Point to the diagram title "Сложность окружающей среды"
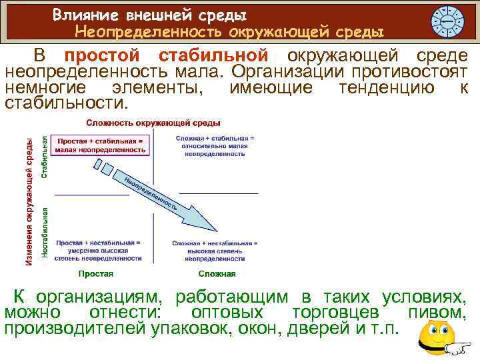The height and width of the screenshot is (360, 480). pos(153,123)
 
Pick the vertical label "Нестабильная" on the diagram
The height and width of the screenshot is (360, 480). pos(45,231)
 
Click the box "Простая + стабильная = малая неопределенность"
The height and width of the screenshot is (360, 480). pos(101,145)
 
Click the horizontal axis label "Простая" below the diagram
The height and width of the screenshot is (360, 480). pos(96,273)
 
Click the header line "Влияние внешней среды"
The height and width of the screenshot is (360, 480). pos(149,13)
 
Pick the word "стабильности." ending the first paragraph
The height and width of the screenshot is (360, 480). pos(65,104)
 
